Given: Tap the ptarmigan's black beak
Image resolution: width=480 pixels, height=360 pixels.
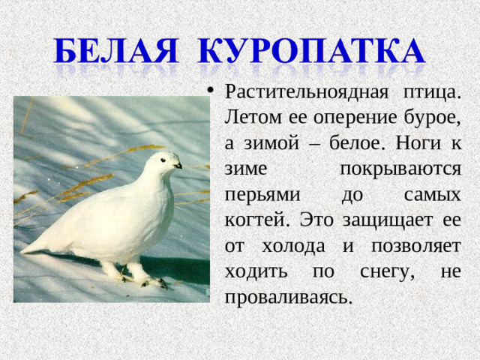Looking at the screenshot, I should (178, 165).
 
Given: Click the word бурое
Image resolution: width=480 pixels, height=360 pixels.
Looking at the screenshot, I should (436, 118).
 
